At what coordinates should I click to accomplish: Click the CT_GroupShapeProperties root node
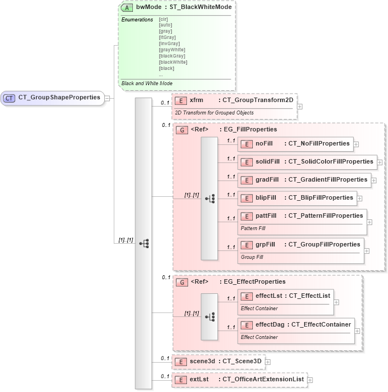[x=53, y=98]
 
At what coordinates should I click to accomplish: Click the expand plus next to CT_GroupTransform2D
[x=300, y=105]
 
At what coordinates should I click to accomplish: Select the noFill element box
[x=296, y=144]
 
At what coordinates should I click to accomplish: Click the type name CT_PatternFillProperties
[x=325, y=215]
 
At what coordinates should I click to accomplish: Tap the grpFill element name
[x=265, y=244]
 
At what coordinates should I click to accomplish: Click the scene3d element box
[x=218, y=362]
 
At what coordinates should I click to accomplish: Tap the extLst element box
[x=239, y=380]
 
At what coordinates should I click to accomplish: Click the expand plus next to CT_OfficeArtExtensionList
[x=310, y=380]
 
